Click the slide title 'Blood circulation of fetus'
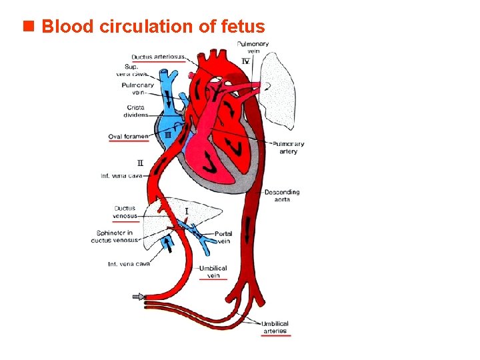[153, 27]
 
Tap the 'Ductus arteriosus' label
[159, 56]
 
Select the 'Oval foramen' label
[128, 137]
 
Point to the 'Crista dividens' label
[136, 111]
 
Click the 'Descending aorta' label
[282, 195]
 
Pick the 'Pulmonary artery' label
[288, 147]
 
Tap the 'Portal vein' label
[223, 237]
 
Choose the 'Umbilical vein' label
[213, 271]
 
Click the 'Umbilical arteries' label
[275, 327]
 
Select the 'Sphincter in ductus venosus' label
[115, 236]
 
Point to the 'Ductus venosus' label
[125, 211]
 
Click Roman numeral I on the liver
[187, 211]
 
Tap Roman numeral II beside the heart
[140, 163]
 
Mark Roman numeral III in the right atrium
[168, 135]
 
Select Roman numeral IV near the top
[245, 61]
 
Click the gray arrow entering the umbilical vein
[139, 297]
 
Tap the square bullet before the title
[28, 27]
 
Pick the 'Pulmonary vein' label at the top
[253, 47]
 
